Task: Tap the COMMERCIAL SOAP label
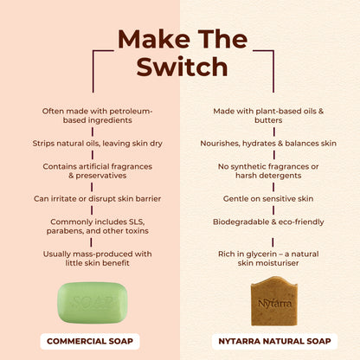(x=90, y=341)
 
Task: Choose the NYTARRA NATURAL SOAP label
(x=270, y=341)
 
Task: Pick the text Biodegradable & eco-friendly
(x=270, y=222)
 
